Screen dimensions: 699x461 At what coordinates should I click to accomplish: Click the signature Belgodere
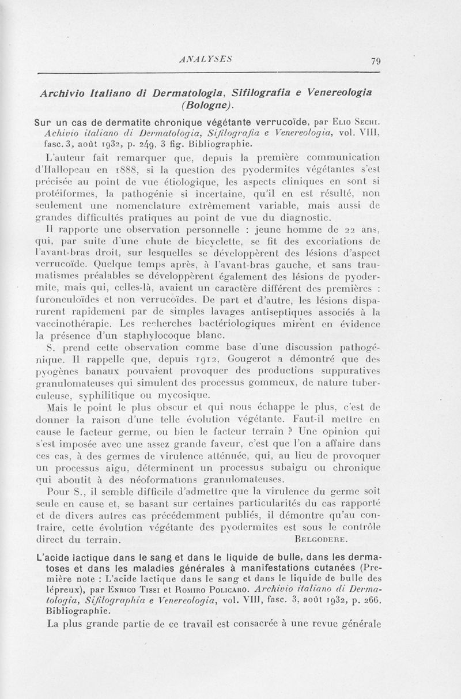point(326,540)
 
